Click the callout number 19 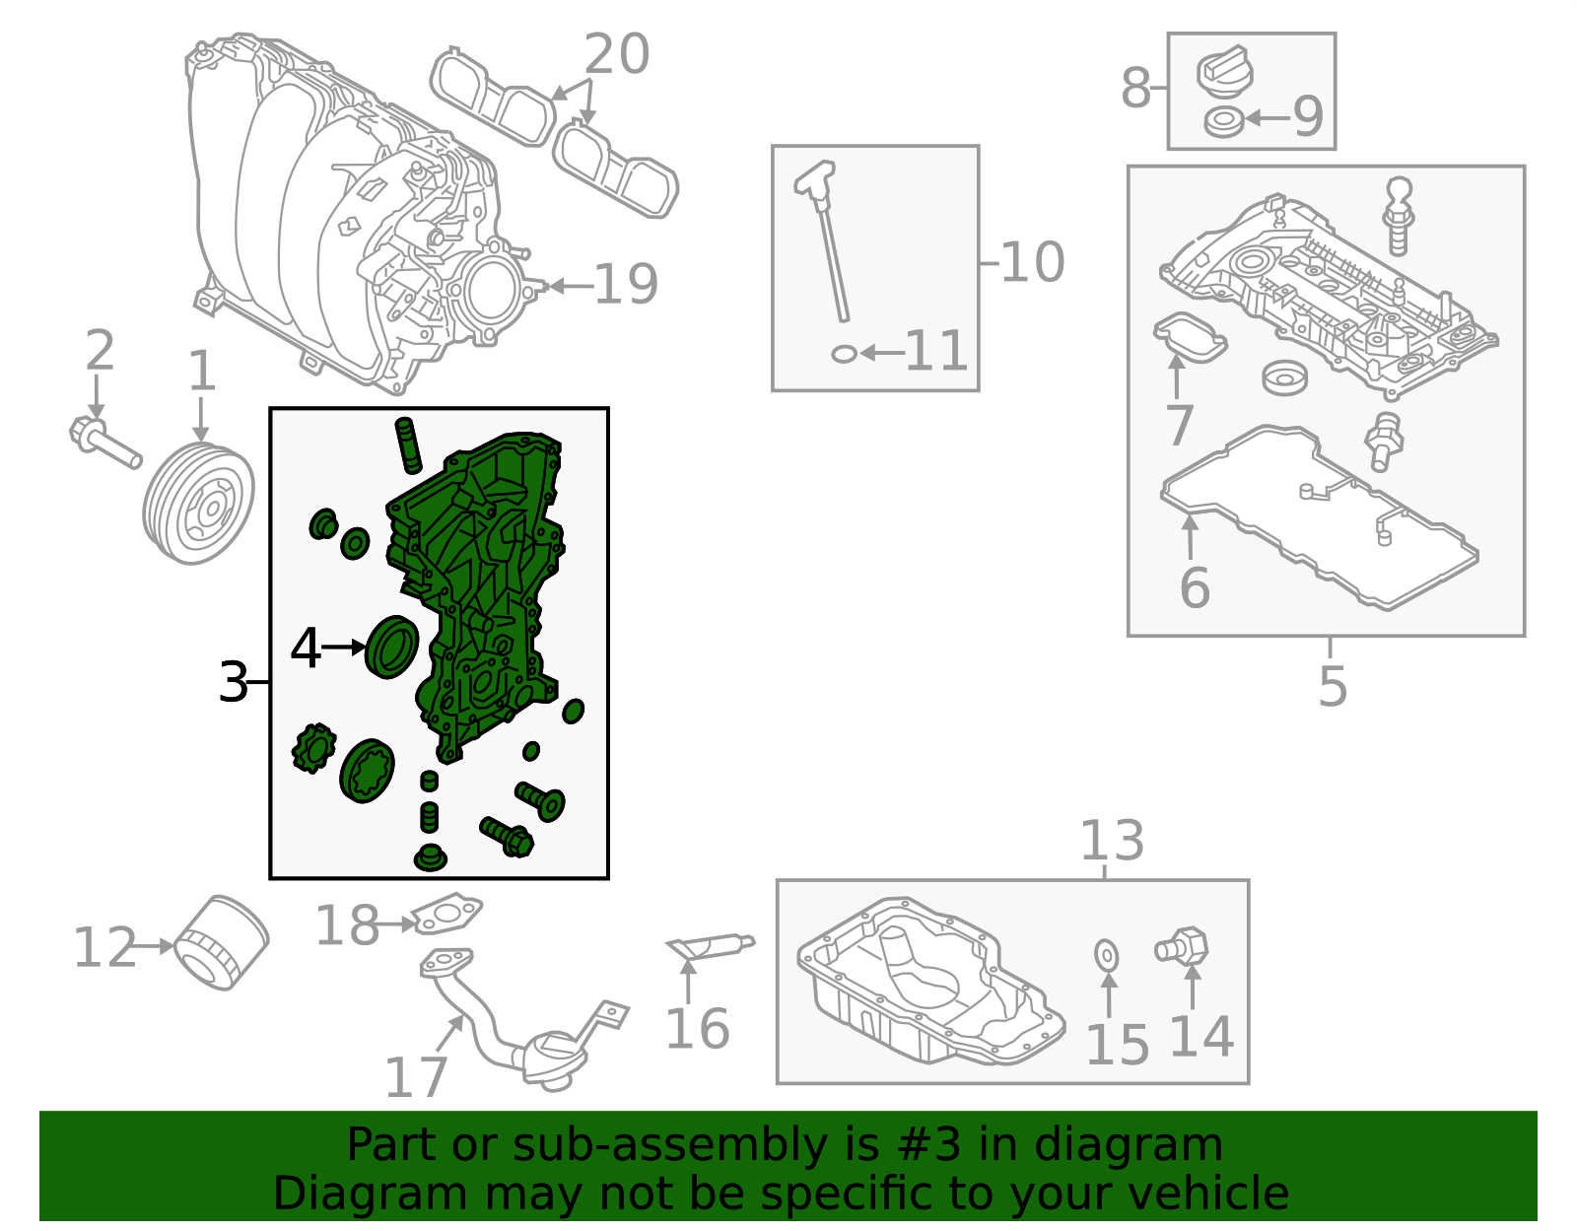626,284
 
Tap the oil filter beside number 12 223,943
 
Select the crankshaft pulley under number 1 198,502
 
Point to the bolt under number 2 104,441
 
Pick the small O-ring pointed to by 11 844,354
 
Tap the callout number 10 1032,262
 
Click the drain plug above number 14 1182,946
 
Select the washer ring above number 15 1106,955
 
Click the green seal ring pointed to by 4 392,648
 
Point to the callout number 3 233,682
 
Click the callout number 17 415,1077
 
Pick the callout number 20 616,53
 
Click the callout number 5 1333,686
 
